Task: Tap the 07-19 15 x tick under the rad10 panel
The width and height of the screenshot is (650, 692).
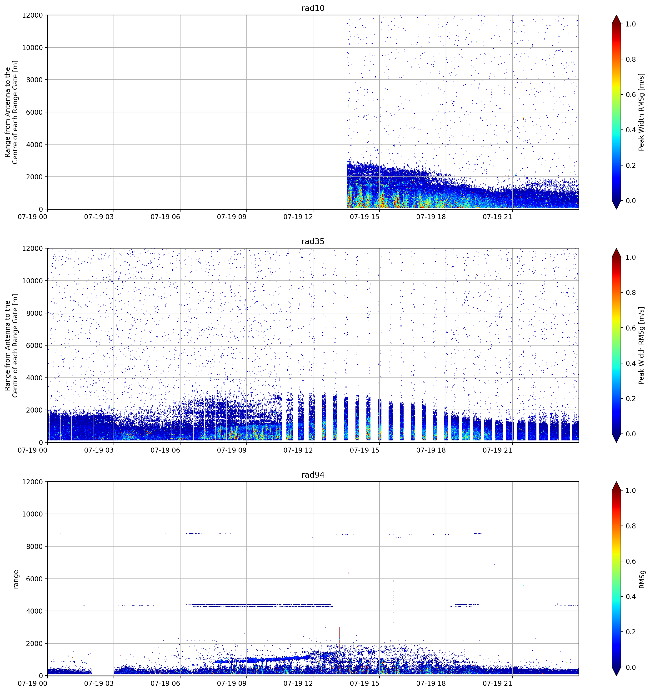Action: point(364,217)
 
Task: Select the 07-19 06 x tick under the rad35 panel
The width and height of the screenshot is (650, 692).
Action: point(165,450)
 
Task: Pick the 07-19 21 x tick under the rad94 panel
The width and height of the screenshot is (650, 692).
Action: point(497,684)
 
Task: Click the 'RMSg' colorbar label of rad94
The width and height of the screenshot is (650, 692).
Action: point(642,579)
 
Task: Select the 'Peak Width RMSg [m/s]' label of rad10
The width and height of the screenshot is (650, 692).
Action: point(642,112)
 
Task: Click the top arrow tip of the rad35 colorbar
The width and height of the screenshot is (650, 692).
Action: point(616,248)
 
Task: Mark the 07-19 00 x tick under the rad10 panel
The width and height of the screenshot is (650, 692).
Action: point(32,217)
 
